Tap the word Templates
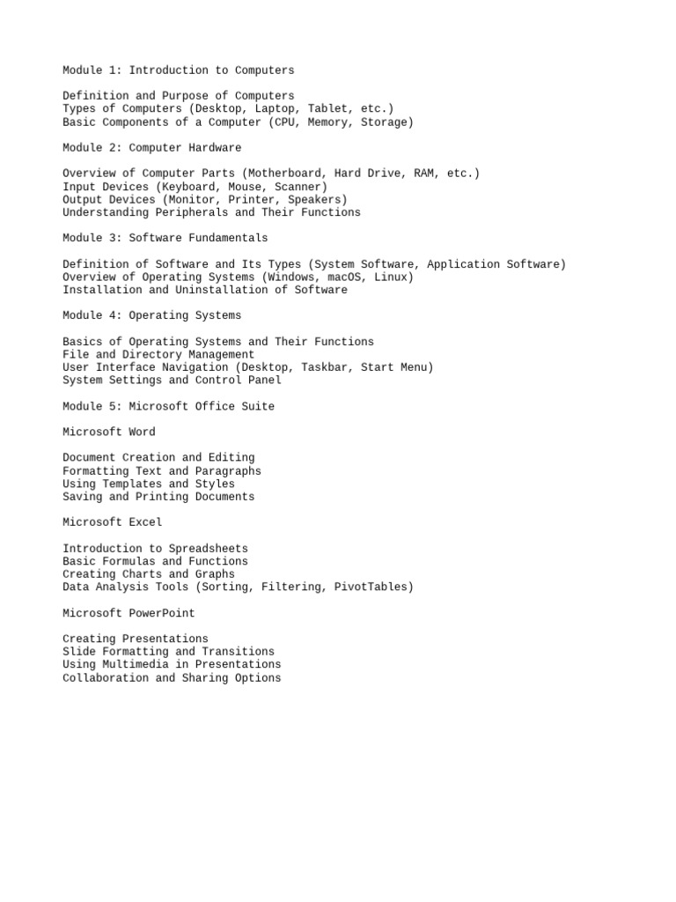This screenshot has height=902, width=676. tap(132, 484)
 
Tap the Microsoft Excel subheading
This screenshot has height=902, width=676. tap(113, 522)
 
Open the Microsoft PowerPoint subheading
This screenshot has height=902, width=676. tap(129, 613)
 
